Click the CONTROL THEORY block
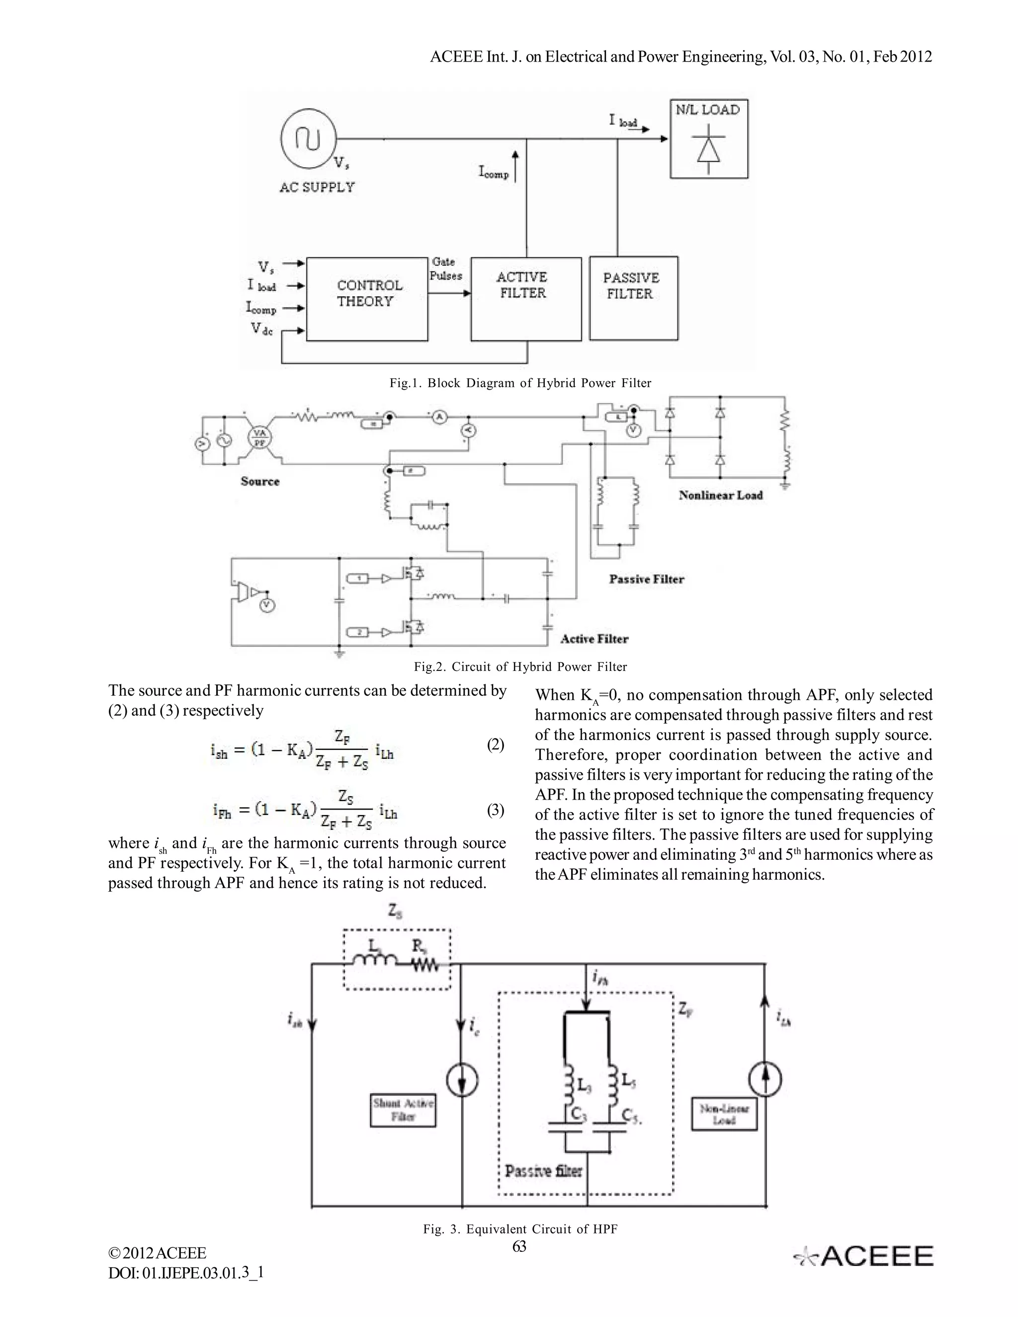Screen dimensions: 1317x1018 367,299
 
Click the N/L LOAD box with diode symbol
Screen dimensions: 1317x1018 709,139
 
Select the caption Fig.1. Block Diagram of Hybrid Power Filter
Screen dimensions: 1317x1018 520,383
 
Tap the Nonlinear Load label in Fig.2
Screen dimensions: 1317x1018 720,495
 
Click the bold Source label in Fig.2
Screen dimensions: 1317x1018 260,481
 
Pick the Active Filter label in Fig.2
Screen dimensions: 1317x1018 594,639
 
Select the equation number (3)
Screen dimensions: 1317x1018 495,810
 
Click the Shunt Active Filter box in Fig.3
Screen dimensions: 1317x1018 403,1110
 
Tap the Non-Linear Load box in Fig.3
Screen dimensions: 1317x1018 724,1114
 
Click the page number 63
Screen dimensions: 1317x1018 519,1246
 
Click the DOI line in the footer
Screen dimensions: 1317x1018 186,1273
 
